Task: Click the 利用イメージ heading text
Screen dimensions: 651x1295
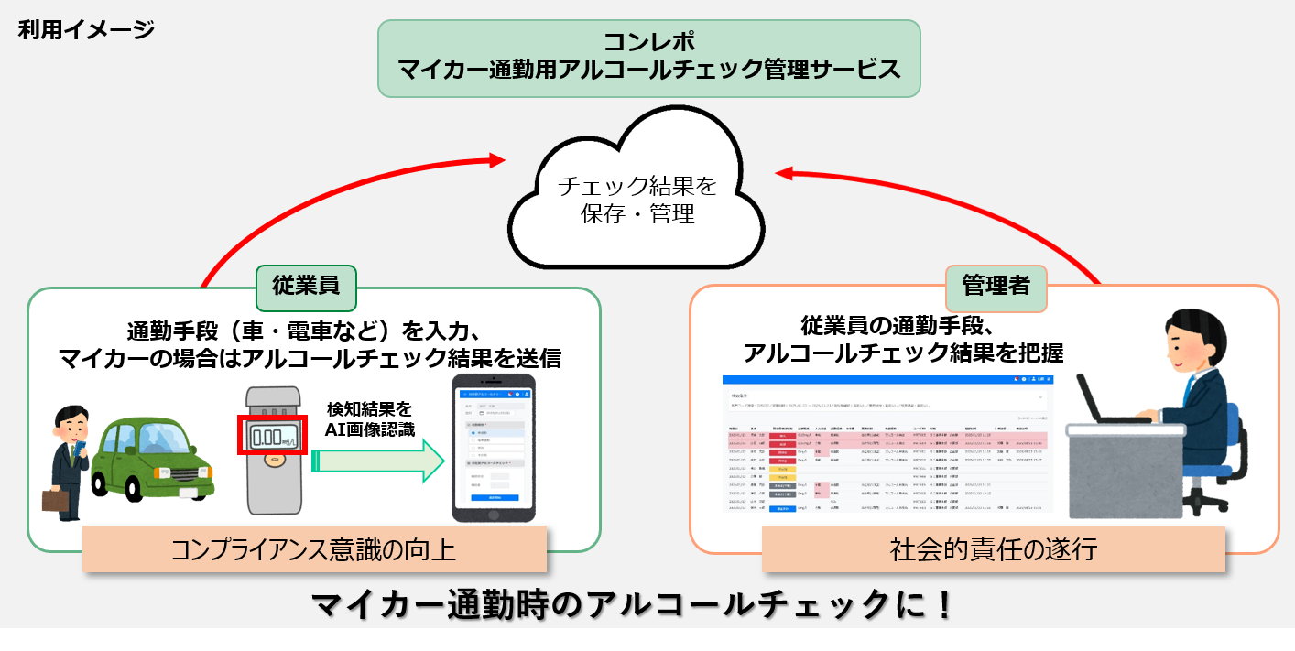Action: coord(86,30)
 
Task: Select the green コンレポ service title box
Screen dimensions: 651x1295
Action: coord(648,58)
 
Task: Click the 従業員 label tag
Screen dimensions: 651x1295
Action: coord(305,286)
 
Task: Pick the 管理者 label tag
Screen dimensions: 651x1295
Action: coord(995,286)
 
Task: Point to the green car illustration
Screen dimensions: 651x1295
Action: coord(151,458)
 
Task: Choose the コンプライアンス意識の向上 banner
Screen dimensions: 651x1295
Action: coord(314,549)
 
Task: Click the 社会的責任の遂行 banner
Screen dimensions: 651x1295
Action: coord(994,549)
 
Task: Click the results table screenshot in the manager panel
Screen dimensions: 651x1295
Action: coord(887,444)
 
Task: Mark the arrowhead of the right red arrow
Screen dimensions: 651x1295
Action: coord(785,171)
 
